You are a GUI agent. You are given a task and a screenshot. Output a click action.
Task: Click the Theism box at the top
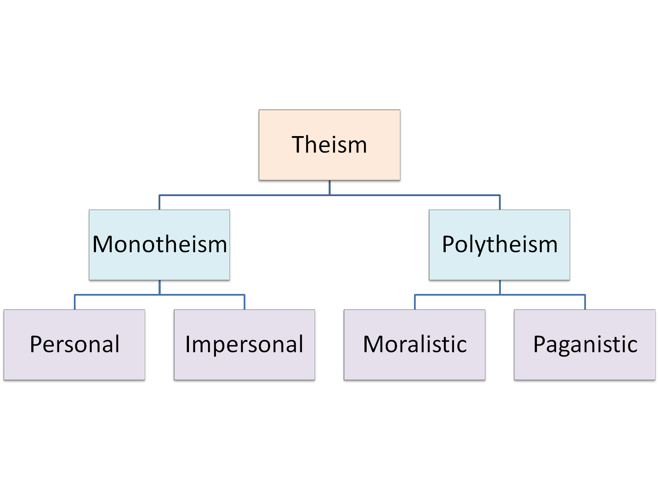[329, 145]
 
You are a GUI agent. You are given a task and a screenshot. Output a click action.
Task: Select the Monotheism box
[159, 245]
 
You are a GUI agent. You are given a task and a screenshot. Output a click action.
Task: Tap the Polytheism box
[500, 245]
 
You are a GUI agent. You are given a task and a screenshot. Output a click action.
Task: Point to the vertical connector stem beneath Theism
[329, 188]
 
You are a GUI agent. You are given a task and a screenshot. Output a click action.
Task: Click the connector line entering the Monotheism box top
[159, 203]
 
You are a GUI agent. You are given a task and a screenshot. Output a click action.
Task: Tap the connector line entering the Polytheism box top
[500, 203]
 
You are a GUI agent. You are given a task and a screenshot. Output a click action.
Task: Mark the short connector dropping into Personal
[75, 302]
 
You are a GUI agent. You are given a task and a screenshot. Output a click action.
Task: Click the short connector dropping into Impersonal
[245, 302]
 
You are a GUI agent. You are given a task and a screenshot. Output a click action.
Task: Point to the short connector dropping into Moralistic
[415, 302]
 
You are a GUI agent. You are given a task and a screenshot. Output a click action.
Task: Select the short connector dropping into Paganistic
[585, 302]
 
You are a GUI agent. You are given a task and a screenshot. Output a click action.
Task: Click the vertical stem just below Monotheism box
[159, 288]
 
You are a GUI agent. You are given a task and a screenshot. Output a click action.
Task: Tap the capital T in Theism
[299, 145]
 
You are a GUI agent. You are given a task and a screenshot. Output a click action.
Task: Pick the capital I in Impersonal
[188, 344]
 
